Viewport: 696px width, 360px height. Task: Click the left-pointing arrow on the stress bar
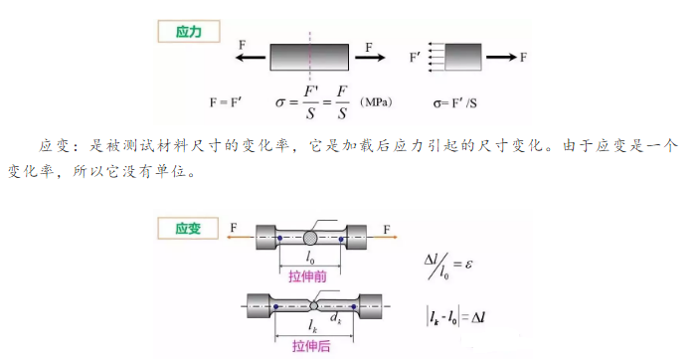(251, 59)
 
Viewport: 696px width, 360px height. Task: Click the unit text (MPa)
(374, 102)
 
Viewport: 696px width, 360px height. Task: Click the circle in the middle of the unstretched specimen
(311, 239)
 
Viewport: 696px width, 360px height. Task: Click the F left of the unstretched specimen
(233, 229)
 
